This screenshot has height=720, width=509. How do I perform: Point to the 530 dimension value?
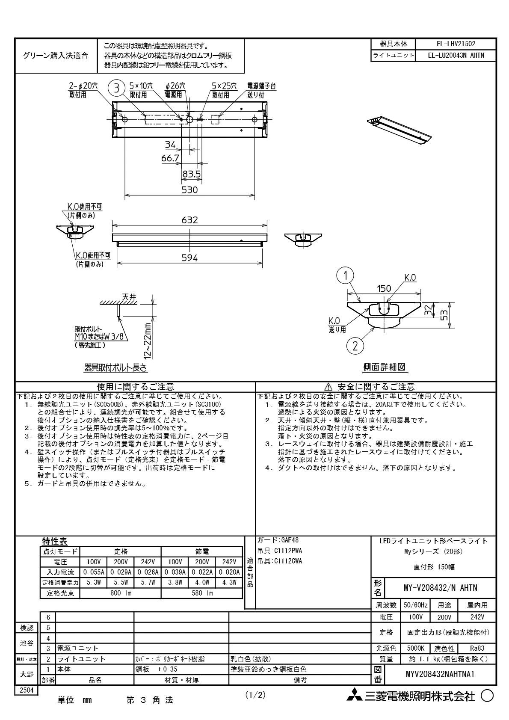point(189,190)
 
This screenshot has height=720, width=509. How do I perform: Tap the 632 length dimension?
point(189,220)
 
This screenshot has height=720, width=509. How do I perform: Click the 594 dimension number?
point(189,258)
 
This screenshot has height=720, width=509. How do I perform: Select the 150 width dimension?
point(384,288)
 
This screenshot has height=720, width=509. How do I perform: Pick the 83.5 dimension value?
point(191,174)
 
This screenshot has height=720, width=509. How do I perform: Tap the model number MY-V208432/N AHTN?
point(440,588)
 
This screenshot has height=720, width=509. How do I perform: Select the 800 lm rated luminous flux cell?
point(120,593)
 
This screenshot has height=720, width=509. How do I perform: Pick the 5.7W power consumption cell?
point(148,582)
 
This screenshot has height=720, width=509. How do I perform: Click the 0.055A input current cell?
point(94,572)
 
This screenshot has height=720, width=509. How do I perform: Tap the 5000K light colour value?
point(415,649)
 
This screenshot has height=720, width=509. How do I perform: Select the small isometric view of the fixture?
point(399,130)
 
